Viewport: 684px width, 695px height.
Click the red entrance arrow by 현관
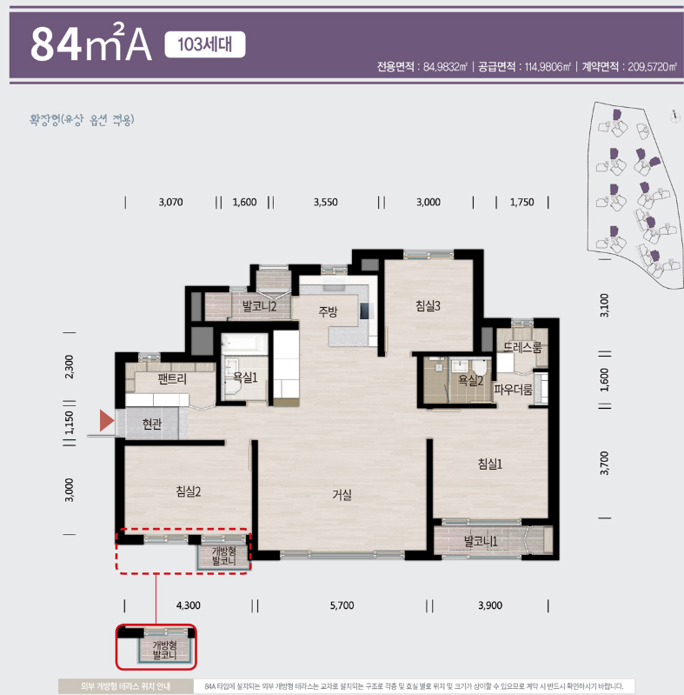tap(107, 421)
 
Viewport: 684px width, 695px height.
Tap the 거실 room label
tap(342, 495)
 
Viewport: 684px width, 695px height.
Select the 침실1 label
tap(490, 464)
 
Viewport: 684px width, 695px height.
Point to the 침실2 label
tap(189, 491)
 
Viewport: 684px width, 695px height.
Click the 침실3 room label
tap(428, 306)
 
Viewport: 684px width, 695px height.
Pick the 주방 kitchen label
tap(328, 312)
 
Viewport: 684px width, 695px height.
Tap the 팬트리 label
tap(172, 379)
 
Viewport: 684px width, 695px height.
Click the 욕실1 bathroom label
tap(245, 378)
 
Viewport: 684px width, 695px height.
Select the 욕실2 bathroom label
tap(470, 380)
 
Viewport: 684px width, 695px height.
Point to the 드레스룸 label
tap(522, 348)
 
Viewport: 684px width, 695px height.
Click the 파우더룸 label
tap(513, 390)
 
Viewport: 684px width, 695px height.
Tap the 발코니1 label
tap(481, 541)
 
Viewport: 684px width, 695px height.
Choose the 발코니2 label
tap(259, 306)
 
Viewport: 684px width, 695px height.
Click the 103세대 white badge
tap(204, 44)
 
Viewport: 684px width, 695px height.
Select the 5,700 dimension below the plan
tap(342, 605)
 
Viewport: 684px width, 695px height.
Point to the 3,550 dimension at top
tap(326, 203)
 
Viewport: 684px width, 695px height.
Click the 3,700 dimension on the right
tap(605, 463)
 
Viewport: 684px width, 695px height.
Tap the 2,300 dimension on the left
tap(70, 366)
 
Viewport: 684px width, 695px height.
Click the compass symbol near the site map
tap(674, 117)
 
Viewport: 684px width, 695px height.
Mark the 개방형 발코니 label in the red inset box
tap(164, 650)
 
